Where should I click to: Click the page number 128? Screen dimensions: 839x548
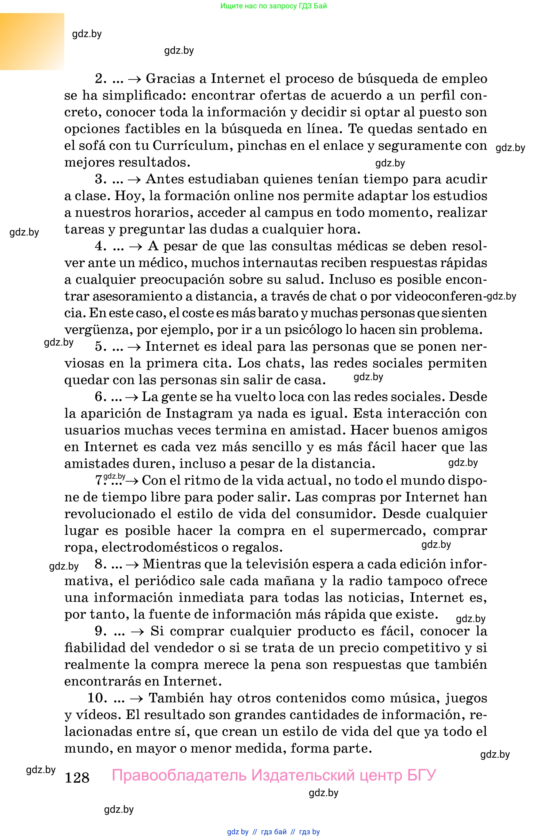click(77, 777)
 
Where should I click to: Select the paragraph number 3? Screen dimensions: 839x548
click(101, 179)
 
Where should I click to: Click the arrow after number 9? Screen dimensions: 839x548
click(137, 631)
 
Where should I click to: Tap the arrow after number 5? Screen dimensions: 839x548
click(134, 347)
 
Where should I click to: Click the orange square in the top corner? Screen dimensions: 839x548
click(32, 41)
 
